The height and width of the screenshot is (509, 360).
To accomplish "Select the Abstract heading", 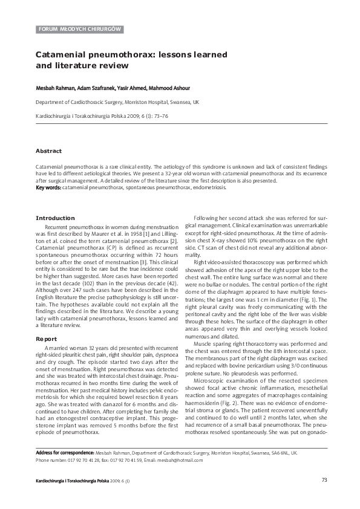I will point(48,151).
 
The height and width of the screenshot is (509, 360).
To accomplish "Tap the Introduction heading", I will point(55,217).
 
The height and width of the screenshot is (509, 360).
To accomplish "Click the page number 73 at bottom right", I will point(324,480).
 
